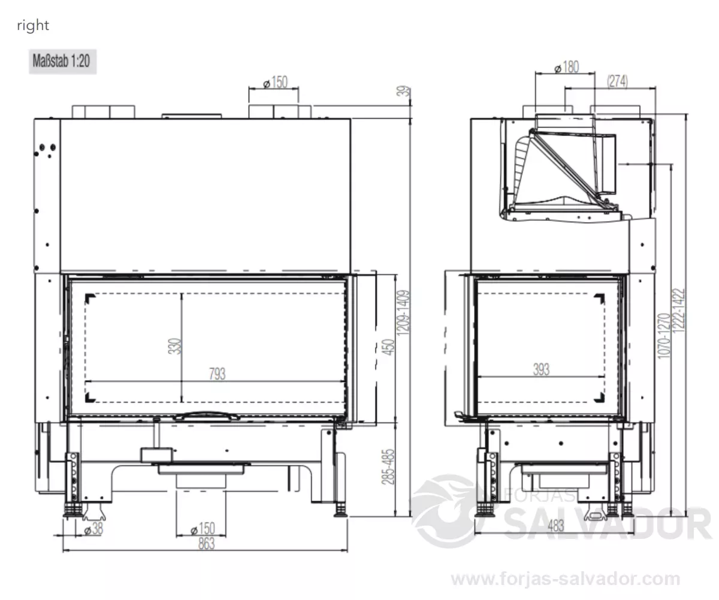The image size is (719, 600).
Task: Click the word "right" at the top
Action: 33,26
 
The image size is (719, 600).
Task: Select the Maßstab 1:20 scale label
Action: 62,61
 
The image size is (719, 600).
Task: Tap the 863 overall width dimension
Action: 206,544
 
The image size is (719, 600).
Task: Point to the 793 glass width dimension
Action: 217,374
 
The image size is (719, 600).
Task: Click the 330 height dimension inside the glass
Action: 174,346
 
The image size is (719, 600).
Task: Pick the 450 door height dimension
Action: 388,347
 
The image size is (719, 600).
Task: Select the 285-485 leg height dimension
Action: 388,466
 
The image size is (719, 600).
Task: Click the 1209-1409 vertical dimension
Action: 403,313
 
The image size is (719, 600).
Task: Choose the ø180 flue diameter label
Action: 567,67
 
